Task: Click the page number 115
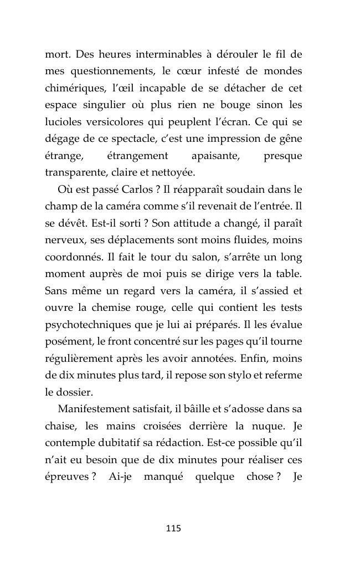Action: [173, 528]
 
